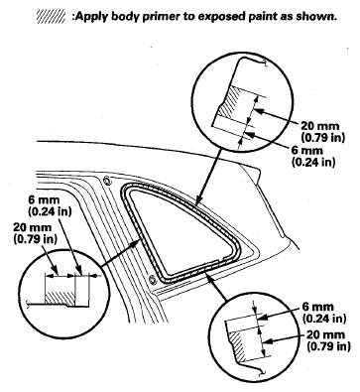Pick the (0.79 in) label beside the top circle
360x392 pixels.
pos(321,137)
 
